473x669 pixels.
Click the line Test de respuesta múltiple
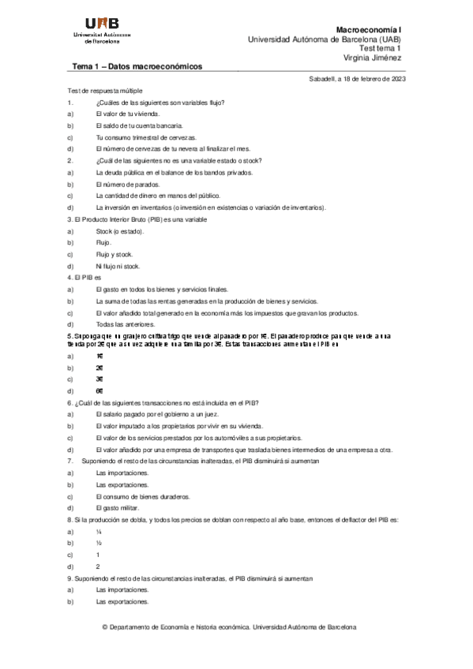point(105,92)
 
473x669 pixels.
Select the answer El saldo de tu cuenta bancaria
point(139,125)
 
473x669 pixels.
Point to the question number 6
point(70,402)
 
